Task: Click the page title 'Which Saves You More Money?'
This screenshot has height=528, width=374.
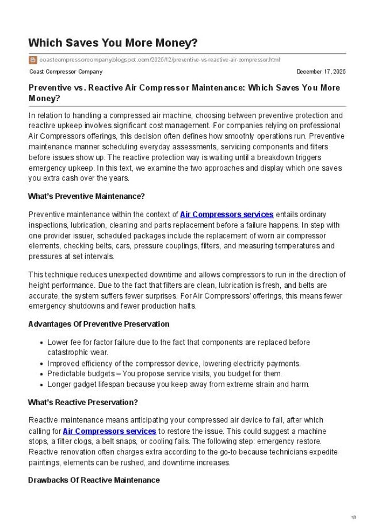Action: [x=112, y=43]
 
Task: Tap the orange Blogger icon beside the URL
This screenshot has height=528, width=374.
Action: [x=33, y=60]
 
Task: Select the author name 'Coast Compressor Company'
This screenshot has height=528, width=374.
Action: [x=66, y=72]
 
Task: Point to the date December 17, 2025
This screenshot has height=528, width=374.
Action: [x=321, y=72]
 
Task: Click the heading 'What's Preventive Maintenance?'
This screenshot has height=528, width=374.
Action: [x=86, y=196]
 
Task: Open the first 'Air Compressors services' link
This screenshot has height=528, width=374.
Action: [x=227, y=214]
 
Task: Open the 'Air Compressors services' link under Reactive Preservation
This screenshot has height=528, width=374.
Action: [x=109, y=431]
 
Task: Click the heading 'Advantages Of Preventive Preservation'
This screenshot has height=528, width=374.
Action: [x=98, y=324]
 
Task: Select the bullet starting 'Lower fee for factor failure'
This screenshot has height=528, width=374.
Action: [x=178, y=342]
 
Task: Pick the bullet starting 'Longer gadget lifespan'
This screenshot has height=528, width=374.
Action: [x=178, y=384]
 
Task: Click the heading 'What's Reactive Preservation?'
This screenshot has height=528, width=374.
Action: [x=83, y=402]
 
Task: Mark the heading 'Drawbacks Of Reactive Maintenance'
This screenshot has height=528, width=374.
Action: [x=94, y=480]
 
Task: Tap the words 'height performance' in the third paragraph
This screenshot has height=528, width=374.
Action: [x=60, y=285]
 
